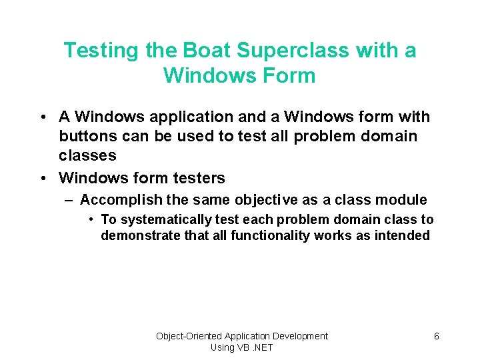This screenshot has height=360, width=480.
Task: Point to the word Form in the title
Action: click(289, 75)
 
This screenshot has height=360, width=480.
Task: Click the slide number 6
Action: click(436, 336)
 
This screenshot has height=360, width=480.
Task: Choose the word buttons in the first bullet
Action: click(86, 137)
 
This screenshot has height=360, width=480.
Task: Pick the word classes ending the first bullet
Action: click(87, 156)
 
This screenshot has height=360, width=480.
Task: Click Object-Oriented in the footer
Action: click(189, 336)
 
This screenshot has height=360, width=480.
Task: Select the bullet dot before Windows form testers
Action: click(43, 178)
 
